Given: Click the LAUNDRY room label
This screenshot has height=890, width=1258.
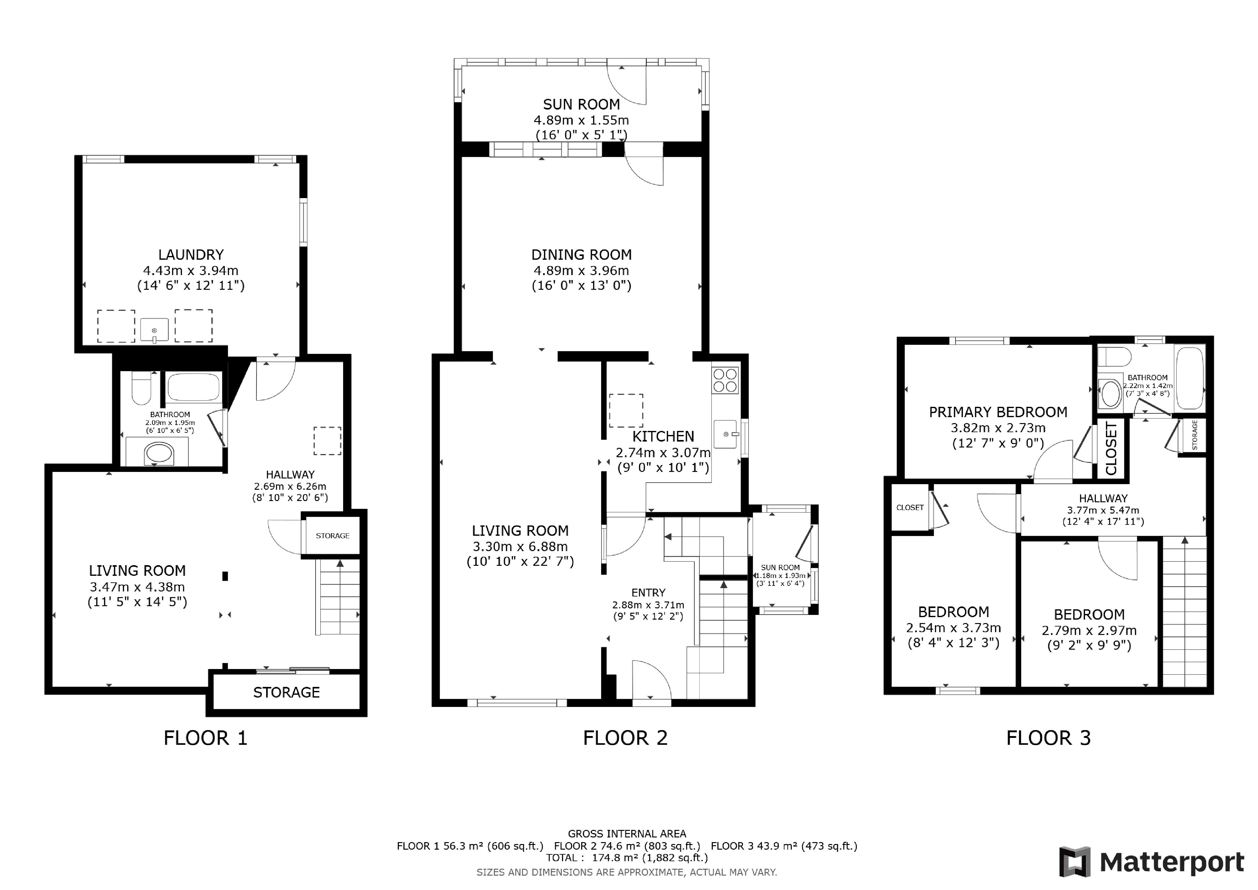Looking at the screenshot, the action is click(191, 255).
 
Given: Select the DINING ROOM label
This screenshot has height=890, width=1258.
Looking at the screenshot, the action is click(581, 255).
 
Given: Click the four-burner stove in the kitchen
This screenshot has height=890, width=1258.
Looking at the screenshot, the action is click(725, 380).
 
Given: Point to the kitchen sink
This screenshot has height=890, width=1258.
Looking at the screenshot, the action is click(727, 434).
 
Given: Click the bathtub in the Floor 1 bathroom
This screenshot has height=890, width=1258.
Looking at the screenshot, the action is click(194, 387).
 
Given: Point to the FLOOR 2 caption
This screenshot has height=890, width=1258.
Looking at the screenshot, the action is click(625, 738).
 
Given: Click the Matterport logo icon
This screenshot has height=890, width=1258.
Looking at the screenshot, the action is click(1074, 862).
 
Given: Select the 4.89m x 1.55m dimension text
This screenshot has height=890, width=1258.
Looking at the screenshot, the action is click(581, 120).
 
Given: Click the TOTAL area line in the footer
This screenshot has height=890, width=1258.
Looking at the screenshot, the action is click(627, 858).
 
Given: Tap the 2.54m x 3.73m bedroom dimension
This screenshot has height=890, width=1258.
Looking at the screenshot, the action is click(953, 628).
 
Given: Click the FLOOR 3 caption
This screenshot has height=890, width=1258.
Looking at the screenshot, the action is click(1048, 738).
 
